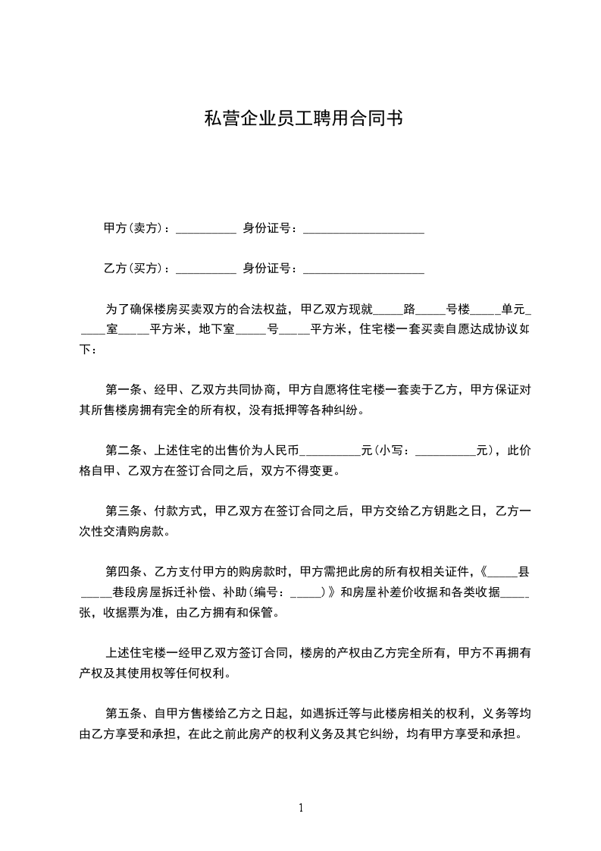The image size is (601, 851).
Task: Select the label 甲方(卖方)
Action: [x=133, y=228]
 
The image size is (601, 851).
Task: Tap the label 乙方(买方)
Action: [x=133, y=268]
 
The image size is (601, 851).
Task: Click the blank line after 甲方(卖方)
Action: [x=205, y=230]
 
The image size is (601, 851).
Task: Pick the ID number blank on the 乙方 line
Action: [x=363, y=271]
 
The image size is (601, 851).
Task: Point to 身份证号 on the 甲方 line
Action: [x=267, y=228]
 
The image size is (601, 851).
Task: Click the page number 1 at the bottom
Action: [x=301, y=808]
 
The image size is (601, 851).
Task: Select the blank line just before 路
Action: [x=390, y=311]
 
